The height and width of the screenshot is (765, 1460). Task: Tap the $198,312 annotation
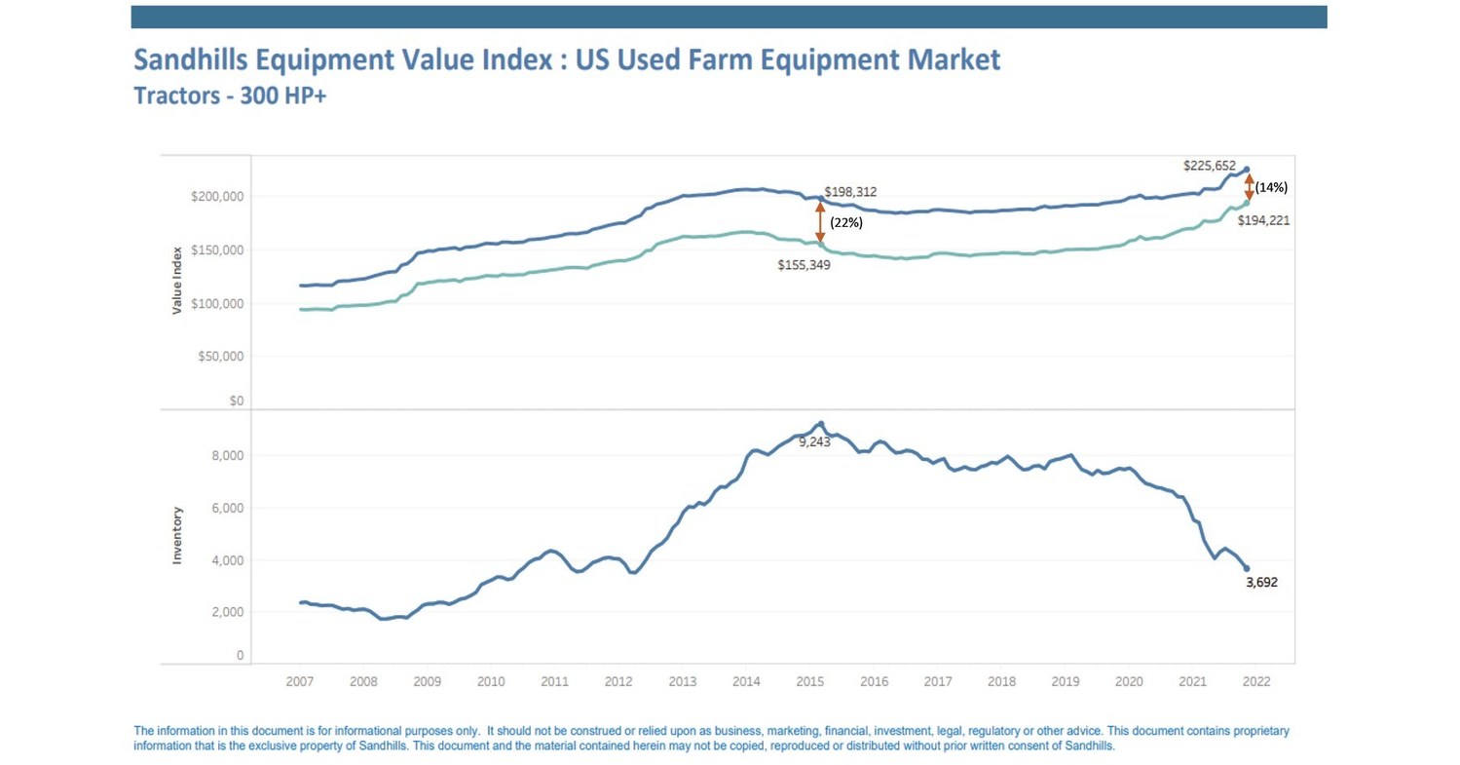pyautogui.click(x=856, y=192)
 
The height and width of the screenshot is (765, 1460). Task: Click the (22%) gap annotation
pyautogui.click(x=845, y=222)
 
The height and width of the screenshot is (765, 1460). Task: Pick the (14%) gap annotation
pyautogui.click(x=1272, y=185)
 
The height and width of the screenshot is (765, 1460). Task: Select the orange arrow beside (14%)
pyautogui.click(x=1249, y=185)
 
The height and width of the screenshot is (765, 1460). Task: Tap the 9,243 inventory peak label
pyautogui.click(x=814, y=441)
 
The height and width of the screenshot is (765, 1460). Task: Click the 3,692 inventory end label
pyautogui.click(x=1261, y=583)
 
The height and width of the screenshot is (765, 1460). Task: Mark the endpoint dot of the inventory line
pyautogui.click(x=1247, y=568)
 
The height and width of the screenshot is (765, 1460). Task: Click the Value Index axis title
pyautogui.click(x=177, y=281)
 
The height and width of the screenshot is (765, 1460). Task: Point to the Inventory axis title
pyautogui.click(x=177, y=534)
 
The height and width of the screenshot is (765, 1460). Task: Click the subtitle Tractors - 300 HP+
pyautogui.click(x=230, y=98)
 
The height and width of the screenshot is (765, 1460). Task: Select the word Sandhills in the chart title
pyautogui.click(x=198, y=61)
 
